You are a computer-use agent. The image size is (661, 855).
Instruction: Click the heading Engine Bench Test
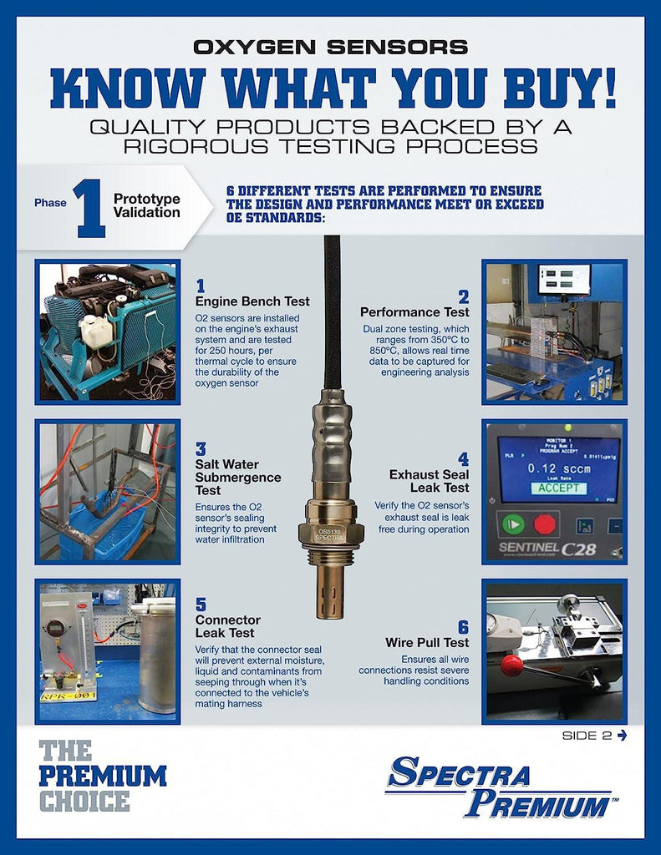coord(252,301)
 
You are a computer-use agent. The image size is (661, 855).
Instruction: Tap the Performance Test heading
coord(414,311)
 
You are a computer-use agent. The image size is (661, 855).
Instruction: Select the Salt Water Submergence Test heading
coord(238,477)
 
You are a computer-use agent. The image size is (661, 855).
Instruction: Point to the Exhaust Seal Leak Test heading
coord(429,480)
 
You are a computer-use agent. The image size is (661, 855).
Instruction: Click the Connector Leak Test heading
coord(228,627)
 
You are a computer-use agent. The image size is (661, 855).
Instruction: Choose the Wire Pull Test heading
coord(427,642)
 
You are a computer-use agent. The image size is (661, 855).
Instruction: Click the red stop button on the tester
coord(545,525)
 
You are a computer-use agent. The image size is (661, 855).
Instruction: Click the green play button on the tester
coord(511,525)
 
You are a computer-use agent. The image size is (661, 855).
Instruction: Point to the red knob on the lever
coord(511,665)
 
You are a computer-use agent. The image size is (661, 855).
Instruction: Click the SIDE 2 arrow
coord(621,735)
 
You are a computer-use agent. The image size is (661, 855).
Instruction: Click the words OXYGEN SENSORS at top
coord(330,47)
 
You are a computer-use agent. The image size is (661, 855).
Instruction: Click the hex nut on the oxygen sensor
coord(333,533)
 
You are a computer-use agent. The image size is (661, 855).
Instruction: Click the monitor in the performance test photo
coord(563,280)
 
